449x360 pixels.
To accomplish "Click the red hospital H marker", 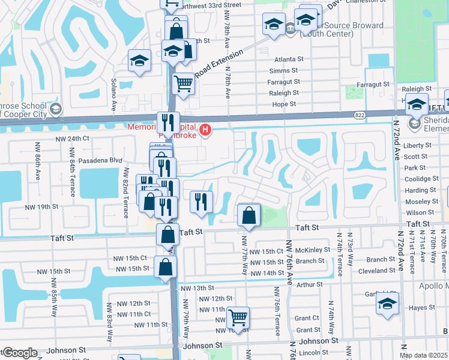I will (x=206, y=129).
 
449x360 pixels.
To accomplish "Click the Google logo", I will (x=19, y=353).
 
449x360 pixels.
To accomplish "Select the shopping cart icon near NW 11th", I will (x=238, y=317).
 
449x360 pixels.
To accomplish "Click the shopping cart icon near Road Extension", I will (x=184, y=83).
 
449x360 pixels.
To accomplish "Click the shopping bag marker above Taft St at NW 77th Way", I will (x=249, y=215).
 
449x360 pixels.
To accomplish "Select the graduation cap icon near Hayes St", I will (x=388, y=304).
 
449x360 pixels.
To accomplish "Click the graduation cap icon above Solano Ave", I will (x=139, y=61).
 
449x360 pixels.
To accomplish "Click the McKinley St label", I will (x=313, y=250).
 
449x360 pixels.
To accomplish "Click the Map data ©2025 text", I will (x=423, y=355).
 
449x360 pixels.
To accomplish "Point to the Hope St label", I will (x=285, y=104).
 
